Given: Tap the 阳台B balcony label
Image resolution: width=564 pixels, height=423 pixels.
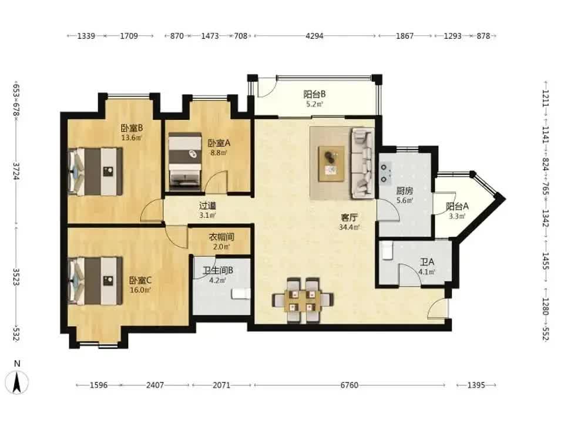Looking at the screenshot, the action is [314, 94].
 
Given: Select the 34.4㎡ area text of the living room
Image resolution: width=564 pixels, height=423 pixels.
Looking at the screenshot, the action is [349, 227].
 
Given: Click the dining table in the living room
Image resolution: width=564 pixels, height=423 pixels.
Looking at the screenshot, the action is [303, 300].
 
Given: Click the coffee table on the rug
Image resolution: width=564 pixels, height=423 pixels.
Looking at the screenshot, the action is [331, 163].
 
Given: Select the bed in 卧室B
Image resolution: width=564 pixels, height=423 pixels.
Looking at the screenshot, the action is [95, 172].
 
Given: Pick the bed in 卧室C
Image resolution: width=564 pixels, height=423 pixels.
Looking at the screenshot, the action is [95, 281].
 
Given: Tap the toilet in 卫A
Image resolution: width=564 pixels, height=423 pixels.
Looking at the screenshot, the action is [387, 250].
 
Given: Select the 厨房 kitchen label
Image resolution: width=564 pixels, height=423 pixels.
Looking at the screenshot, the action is [405, 190].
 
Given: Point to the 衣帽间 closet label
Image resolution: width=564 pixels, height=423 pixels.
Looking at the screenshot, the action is [221, 237].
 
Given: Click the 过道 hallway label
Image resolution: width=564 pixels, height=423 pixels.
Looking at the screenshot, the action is [207, 206].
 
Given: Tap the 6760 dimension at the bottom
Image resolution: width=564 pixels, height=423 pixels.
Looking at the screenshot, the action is [349, 385].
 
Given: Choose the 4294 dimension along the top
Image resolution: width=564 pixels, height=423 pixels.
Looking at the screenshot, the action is [314, 36].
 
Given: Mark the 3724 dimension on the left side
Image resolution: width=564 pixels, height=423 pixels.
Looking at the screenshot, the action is [16, 171].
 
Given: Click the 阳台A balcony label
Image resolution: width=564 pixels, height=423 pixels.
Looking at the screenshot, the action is [457, 206].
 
